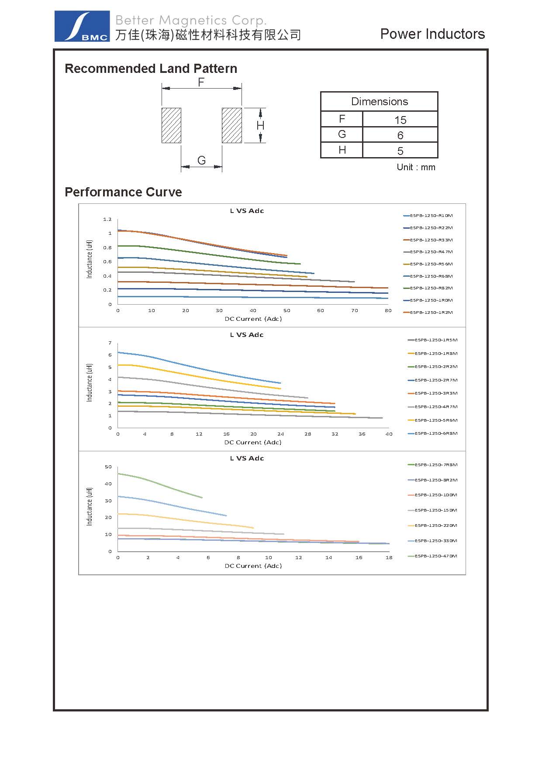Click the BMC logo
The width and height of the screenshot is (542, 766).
pos(82,26)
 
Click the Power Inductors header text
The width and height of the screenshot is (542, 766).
pos(432,34)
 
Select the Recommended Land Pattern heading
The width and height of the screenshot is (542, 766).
pos(151,69)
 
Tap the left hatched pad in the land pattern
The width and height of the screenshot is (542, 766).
pos(171,125)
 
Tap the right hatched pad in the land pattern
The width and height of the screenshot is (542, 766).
pos(231,125)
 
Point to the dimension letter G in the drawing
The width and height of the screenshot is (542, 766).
pos(201,160)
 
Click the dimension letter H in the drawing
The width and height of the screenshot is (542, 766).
pos(260,126)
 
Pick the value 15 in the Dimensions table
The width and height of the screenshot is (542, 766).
pos(400,120)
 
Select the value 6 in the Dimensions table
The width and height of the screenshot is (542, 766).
pos(400,135)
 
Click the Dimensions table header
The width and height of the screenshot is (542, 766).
pos(379,102)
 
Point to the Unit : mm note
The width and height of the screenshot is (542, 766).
pos(416,167)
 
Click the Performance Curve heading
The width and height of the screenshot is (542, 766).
pos(123,192)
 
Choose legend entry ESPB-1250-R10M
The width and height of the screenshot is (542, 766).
pos(431,216)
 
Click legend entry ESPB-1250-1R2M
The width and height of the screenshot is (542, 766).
pos(431,313)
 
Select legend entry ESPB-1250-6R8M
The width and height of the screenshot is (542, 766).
pos(435,433)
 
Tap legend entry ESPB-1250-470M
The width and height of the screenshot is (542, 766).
pos(435,556)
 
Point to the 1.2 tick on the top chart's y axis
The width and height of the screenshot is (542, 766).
pos(107,219)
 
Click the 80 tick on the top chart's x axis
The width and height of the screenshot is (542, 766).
pos(388,311)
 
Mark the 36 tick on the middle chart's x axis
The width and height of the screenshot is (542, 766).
pos(362,434)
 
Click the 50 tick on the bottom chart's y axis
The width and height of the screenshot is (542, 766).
pos(108,467)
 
